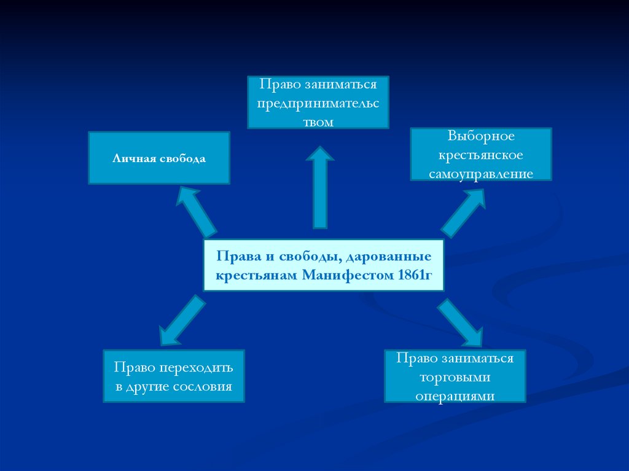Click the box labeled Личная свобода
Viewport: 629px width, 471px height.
[x=159, y=158]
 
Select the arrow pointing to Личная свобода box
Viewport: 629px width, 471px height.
[x=197, y=212]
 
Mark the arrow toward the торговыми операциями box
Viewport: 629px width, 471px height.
[x=461, y=322]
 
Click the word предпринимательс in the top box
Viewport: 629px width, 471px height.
[x=318, y=103]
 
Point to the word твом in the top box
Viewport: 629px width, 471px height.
[x=318, y=122]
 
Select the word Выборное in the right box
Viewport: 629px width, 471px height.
[x=481, y=135]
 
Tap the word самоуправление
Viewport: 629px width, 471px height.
[x=481, y=174]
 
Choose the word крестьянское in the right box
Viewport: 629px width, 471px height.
[x=481, y=154]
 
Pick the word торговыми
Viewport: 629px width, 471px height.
[x=455, y=376]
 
